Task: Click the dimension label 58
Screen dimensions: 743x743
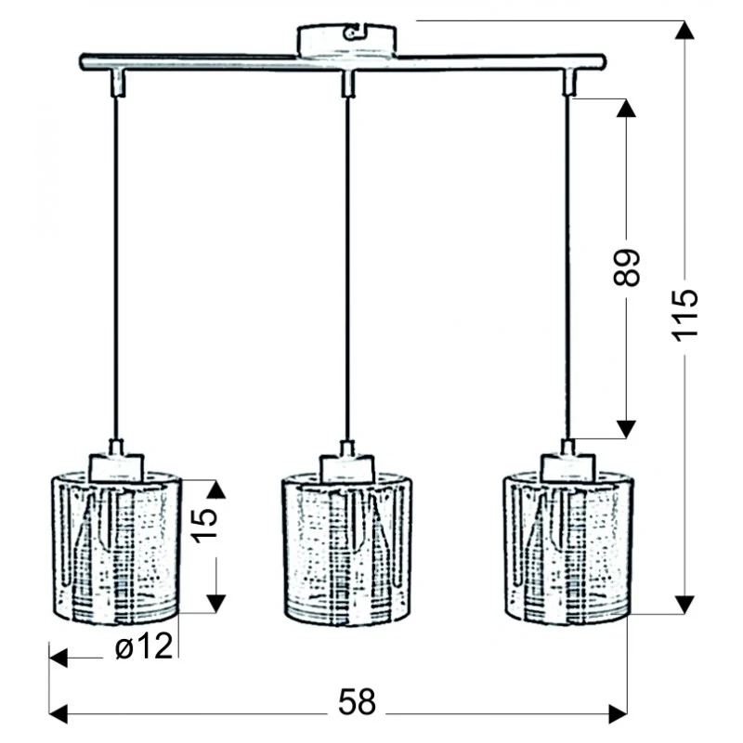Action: pyautogui.click(x=357, y=702)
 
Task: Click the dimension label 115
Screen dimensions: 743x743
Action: pyautogui.click(x=684, y=315)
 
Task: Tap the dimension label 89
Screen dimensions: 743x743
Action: pyautogui.click(x=626, y=267)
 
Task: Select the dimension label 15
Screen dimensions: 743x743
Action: pyautogui.click(x=204, y=525)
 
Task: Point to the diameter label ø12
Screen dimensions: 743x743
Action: pyautogui.click(x=144, y=646)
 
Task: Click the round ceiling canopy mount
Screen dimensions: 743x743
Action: pyautogui.click(x=346, y=40)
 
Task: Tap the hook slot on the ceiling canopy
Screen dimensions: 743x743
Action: pyautogui.click(x=354, y=33)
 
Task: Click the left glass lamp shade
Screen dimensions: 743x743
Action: pyautogui.click(x=115, y=548)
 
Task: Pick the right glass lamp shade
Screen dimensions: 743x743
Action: pyautogui.click(x=568, y=548)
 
